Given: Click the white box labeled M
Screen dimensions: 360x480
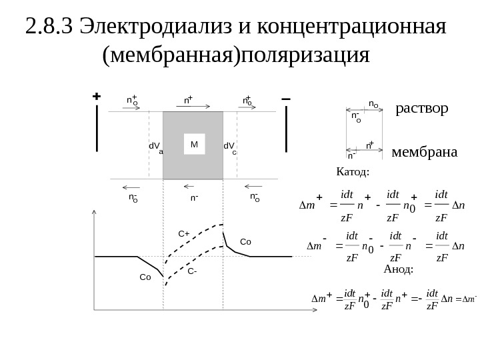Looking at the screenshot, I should (x=194, y=144).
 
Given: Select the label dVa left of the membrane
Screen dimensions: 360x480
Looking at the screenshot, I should (x=155, y=147).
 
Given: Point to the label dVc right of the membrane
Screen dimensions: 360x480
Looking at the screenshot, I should (x=230, y=147).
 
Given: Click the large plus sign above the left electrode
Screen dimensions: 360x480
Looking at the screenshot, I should (x=97, y=97).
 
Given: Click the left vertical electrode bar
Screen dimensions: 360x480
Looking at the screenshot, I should (x=97, y=129).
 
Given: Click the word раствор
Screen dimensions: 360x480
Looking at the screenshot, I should (x=422, y=108).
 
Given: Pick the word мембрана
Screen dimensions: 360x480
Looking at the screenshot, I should (x=425, y=153).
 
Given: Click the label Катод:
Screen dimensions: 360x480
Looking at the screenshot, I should (x=353, y=172).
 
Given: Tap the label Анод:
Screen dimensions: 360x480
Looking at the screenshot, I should (x=399, y=269).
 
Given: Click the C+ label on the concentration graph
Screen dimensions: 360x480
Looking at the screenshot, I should (x=183, y=234).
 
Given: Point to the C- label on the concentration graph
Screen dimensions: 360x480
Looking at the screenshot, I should (x=192, y=271).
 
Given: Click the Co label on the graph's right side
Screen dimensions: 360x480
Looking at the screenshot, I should (x=245, y=243).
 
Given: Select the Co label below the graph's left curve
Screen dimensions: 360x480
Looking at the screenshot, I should (x=145, y=277).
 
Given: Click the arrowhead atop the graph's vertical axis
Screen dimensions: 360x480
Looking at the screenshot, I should (x=95, y=213).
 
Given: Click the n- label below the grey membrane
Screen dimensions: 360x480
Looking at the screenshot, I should (x=193, y=198).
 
